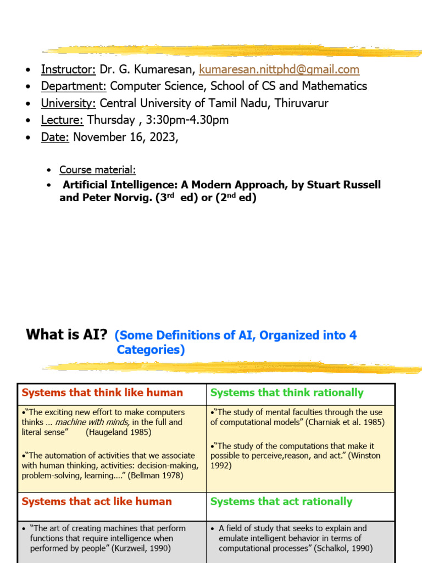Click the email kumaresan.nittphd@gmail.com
point(279,69)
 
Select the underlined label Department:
point(74,86)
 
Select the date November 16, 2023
point(125,137)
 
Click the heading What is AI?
point(66,335)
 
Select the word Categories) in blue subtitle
point(151,350)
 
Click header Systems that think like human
point(102,393)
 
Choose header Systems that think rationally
point(287,393)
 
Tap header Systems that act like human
point(97,501)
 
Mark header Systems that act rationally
point(281,501)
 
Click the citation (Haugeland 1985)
point(118,433)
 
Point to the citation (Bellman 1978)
point(156,476)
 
